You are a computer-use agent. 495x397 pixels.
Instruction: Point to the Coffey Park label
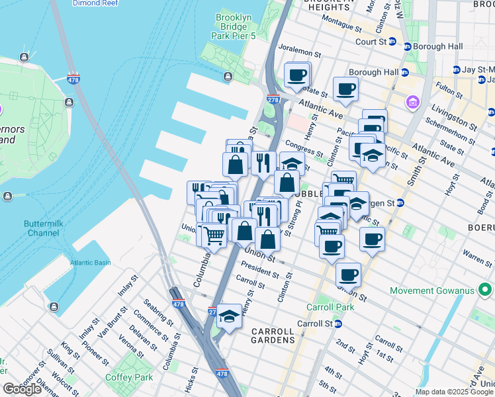tap(129, 377)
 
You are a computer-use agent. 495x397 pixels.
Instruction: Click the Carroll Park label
tap(330, 307)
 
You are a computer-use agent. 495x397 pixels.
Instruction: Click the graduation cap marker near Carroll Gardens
tap(230, 316)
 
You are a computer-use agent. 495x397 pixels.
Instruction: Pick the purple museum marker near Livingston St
tap(414, 103)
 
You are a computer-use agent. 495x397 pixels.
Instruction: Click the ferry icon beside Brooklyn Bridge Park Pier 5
tap(229, 77)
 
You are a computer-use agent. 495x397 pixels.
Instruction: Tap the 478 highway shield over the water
tap(73, 79)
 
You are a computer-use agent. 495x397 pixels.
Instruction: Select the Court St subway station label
tap(371, 41)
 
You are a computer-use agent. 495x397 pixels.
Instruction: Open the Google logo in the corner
tap(22, 389)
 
